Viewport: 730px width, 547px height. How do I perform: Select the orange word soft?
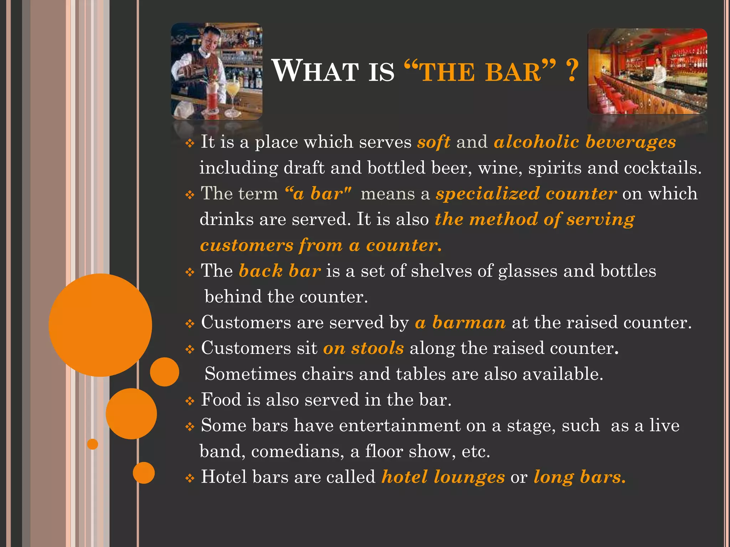tap(433, 142)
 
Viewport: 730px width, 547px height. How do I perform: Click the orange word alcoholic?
tap(536, 142)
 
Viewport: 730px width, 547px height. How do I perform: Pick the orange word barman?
tap(469, 323)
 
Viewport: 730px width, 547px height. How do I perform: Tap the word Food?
tap(221, 400)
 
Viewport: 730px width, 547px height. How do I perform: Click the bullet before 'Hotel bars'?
tap(190, 478)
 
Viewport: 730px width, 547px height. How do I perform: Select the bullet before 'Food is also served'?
tap(190, 401)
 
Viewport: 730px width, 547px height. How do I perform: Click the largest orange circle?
tap(101, 325)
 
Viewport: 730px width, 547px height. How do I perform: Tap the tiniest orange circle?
tap(93, 444)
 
